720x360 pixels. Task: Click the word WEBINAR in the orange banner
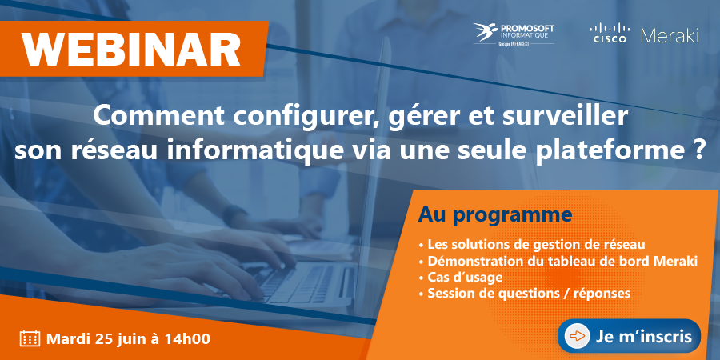132,49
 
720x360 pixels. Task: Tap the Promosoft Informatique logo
514,34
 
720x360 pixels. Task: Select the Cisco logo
610,33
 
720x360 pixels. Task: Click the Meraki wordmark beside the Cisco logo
670,35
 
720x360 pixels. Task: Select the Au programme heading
495,215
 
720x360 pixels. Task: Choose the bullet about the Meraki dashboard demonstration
558,261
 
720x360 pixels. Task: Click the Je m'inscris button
629,336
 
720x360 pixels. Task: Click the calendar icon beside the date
30,339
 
